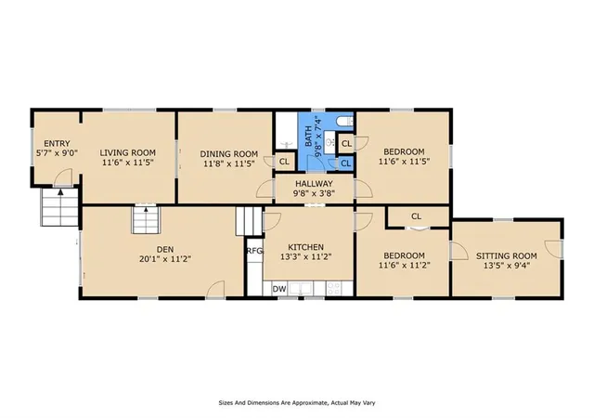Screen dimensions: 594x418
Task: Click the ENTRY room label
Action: (x=57, y=144)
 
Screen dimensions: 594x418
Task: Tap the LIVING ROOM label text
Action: (x=128, y=153)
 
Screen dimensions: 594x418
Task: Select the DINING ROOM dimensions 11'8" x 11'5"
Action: (x=229, y=163)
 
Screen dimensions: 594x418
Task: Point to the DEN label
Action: (x=165, y=249)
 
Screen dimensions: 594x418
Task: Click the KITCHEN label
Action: (x=305, y=247)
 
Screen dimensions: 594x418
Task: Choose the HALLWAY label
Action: (x=314, y=184)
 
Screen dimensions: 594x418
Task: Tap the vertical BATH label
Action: (x=309, y=137)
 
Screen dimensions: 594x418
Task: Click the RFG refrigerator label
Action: (x=254, y=251)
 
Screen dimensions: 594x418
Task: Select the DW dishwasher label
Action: (x=279, y=289)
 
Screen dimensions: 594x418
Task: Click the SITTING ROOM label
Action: (x=507, y=255)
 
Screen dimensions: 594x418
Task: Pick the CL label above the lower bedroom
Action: (x=416, y=216)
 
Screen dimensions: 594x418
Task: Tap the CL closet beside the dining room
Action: (x=284, y=162)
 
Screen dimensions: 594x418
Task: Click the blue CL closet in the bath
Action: (x=345, y=163)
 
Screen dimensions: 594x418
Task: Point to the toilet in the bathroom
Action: (x=344, y=121)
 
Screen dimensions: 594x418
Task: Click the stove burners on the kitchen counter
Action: (x=334, y=288)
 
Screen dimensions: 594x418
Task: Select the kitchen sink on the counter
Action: (x=301, y=288)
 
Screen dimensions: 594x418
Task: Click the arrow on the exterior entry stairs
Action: (x=60, y=192)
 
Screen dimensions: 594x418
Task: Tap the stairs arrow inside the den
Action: (x=146, y=209)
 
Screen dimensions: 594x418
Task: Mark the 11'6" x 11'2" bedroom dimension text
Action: (x=405, y=265)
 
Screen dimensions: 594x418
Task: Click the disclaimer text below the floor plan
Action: (x=297, y=403)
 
